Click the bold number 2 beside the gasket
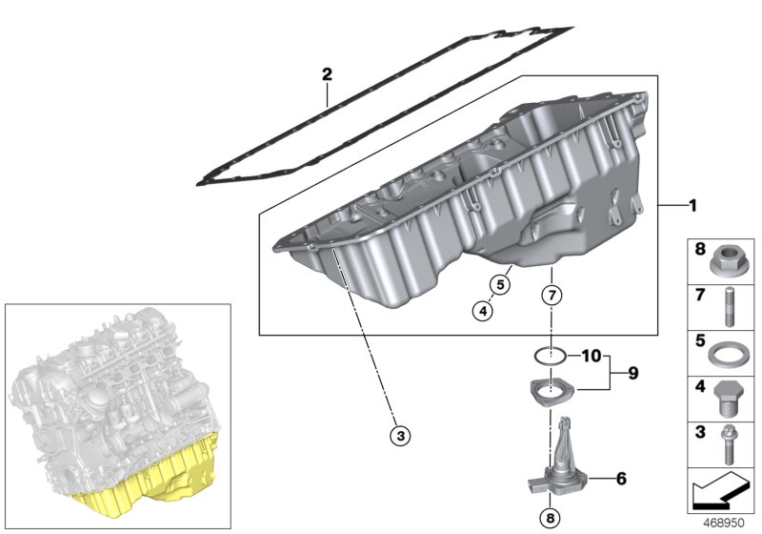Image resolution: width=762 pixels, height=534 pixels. coord(327,73)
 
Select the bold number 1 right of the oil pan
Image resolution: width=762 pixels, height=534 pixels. coord(692,205)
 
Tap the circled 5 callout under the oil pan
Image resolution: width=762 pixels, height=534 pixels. coord(496,283)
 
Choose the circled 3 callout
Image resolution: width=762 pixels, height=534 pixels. coord(401,436)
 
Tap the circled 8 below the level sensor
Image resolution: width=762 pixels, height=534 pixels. coord(550,519)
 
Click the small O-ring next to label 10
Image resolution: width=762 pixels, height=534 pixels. coord(550,357)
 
